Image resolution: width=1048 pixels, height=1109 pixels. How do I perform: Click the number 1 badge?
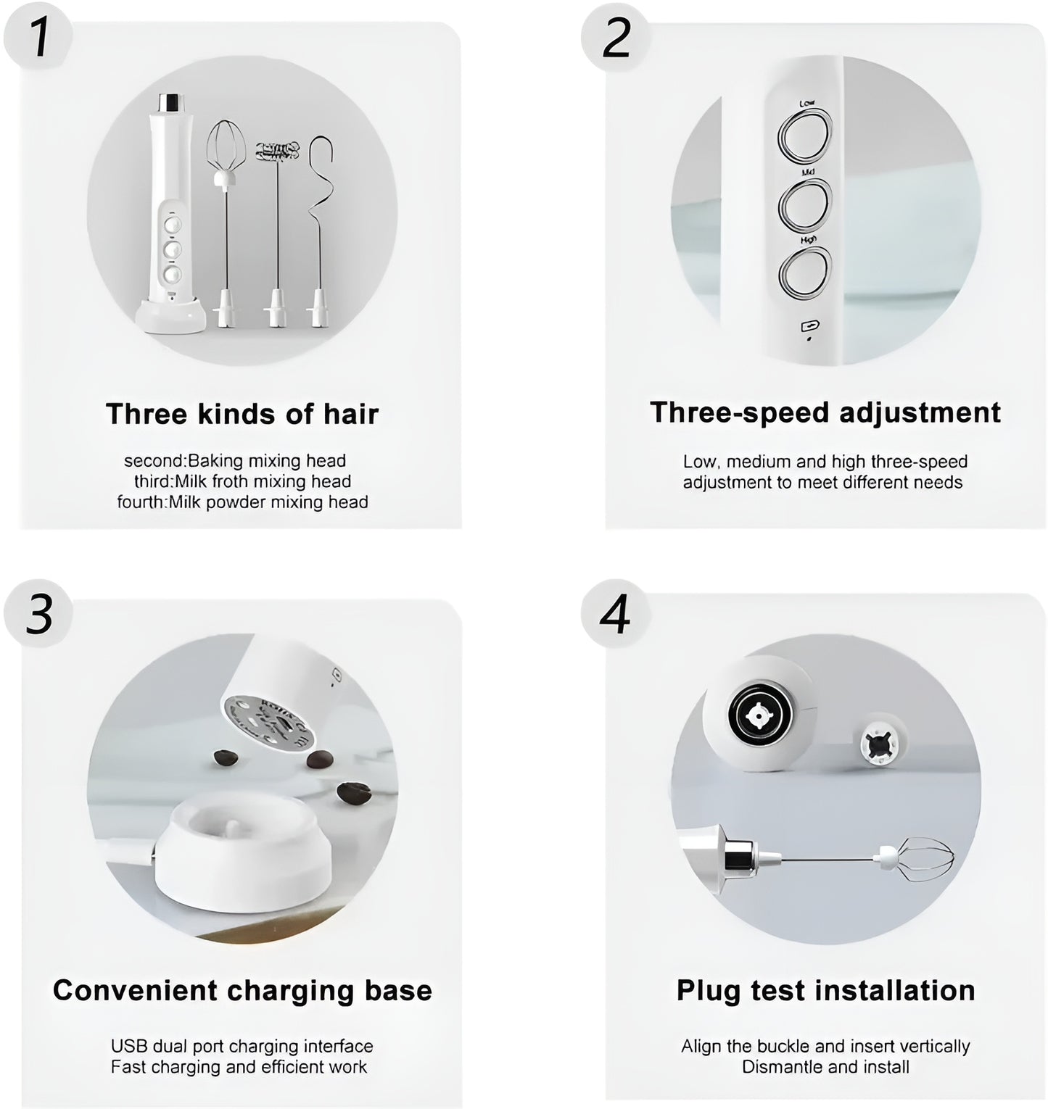[x=38, y=38]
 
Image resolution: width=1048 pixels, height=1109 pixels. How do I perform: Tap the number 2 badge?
[x=616, y=38]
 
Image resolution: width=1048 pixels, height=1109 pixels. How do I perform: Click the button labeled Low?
[x=804, y=137]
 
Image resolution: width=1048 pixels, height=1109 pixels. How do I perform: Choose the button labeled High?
[x=804, y=273]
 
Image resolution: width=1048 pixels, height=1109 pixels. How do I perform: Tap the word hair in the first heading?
[x=351, y=414]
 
